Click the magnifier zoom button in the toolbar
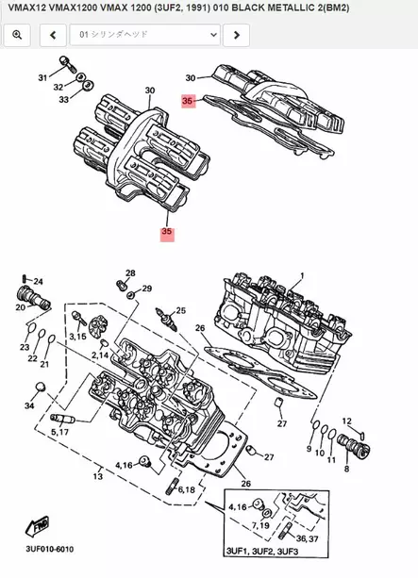(x=17, y=35)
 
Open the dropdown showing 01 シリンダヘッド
(x=143, y=35)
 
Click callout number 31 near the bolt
(x=42, y=77)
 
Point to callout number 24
(x=38, y=282)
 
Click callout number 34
(x=30, y=406)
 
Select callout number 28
(x=130, y=272)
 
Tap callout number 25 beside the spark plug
(x=181, y=310)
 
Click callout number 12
(x=346, y=421)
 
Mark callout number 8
(x=346, y=468)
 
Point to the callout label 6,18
(x=186, y=491)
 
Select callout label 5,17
(x=59, y=432)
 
